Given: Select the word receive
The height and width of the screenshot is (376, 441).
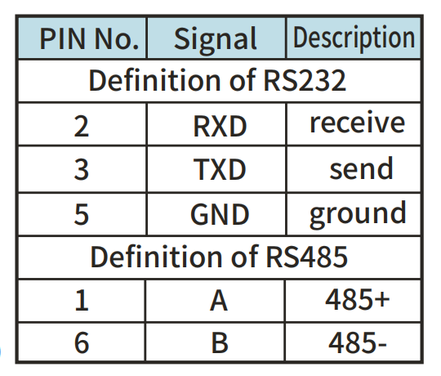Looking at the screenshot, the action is click(x=357, y=123).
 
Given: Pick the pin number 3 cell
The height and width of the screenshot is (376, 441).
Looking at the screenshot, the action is click(x=82, y=169).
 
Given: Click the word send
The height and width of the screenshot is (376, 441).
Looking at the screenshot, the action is click(x=361, y=168).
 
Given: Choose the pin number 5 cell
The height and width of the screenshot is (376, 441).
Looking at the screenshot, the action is click(x=82, y=214).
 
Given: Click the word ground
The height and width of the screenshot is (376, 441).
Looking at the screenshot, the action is click(x=358, y=214).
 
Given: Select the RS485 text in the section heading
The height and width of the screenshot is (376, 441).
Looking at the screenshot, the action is click(x=306, y=257).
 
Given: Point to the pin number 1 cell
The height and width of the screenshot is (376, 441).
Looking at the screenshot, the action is click(x=82, y=301).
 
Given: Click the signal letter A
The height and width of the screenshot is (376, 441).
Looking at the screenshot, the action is click(x=219, y=301).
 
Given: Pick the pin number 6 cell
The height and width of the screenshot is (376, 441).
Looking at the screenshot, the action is click(x=82, y=342).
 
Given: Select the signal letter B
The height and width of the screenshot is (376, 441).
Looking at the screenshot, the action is click(x=220, y=342).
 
